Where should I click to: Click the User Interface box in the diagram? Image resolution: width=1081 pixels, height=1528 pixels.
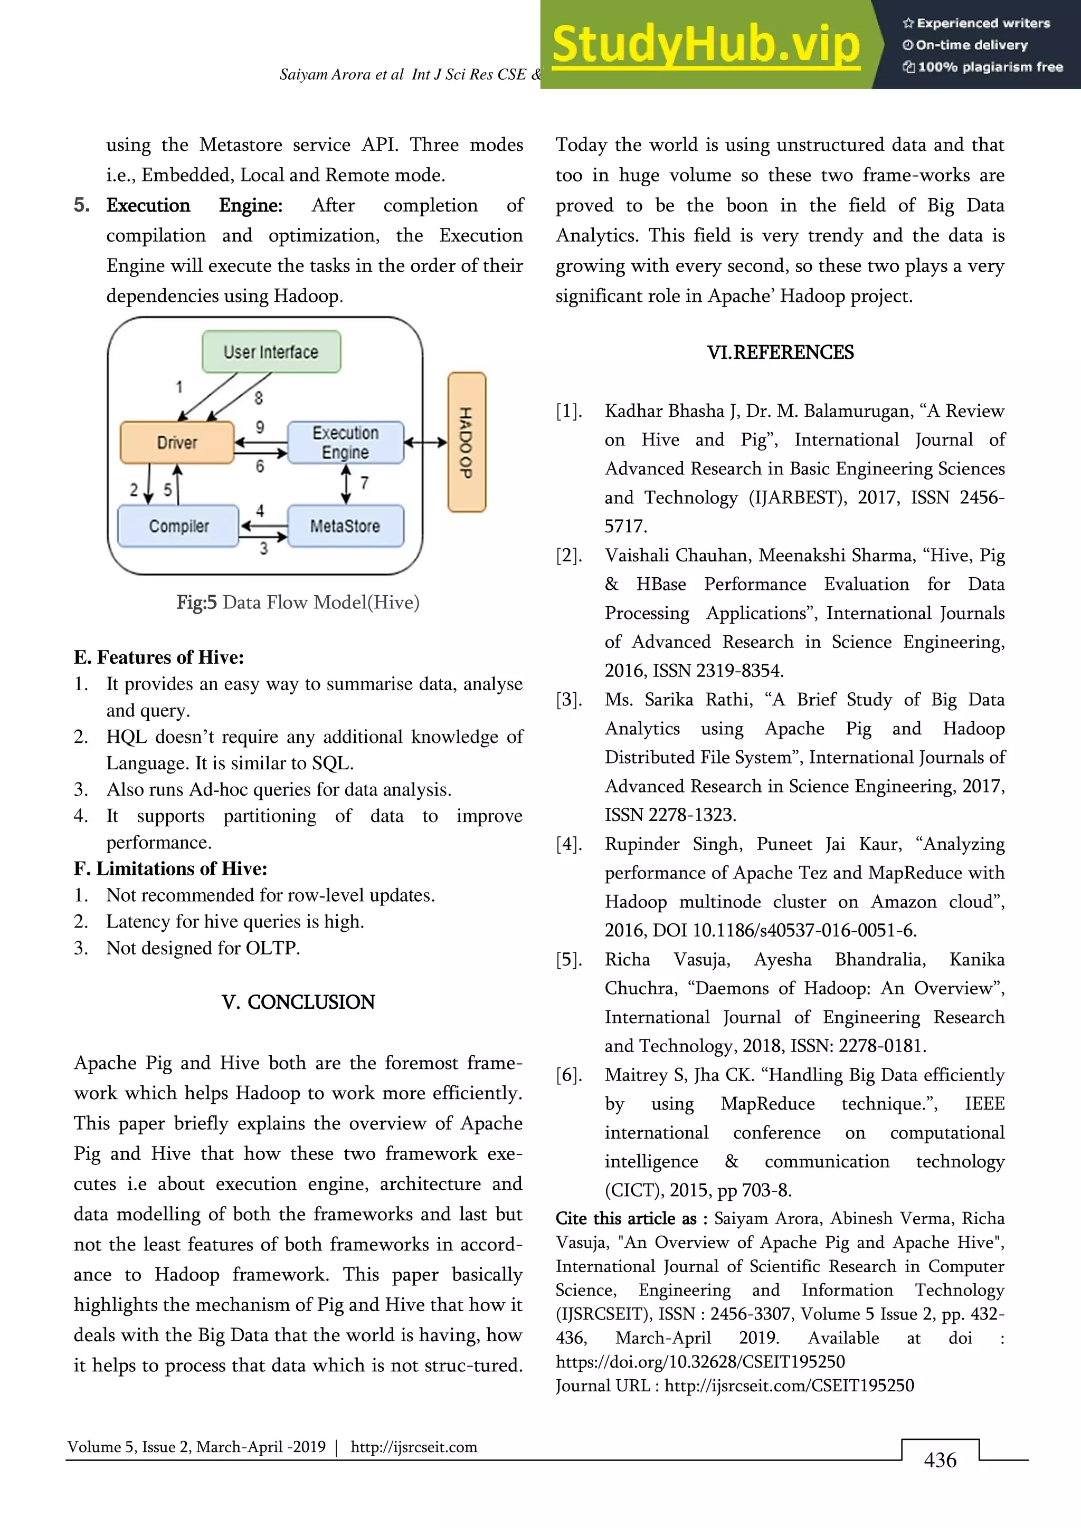pyautogui.click(x=271, y=351)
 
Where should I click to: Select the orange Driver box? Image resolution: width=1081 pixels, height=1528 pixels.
pyautogui.click(x=177, y=443)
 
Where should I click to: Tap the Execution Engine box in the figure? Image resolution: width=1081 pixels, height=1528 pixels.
pyautogui.click(x=346, y=443)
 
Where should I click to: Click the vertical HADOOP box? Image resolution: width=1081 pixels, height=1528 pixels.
pyautogui.click(x=467, y=442)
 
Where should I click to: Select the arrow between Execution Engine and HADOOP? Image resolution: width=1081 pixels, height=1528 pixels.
pyautogui.click(x=425, y=442)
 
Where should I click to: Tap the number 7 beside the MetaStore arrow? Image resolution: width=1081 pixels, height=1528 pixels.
pyautogui.click(x=364, y=482)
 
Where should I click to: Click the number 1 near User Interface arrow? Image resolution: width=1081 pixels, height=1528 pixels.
pyautogui.click(x=178, y=387)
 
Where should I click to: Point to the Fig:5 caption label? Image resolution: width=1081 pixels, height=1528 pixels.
pyautogui.click(x=196, y=602)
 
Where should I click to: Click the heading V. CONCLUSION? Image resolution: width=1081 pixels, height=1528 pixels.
pyautogui.click(x=298, y=1001)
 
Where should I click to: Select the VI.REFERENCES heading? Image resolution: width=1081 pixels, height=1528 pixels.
pyautogui.click(x=780, y=352)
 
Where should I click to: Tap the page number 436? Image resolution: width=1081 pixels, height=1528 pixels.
pyautogui.click(x=940, y=1460)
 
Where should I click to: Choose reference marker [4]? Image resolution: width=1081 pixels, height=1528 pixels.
pyautogui.click(x=569, y=844)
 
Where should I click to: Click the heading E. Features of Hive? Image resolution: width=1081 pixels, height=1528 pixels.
pyautogui.click(x=159, y=657)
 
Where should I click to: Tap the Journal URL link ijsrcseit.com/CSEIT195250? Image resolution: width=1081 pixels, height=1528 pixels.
pyautogui.click(x=789, y=1386)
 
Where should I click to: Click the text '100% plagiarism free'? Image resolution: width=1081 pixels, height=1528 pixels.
pyautogui.click(x=990, y=66)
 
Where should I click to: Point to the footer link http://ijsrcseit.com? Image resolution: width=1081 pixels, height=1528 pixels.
pyautogui.click(x=413, y=1447)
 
